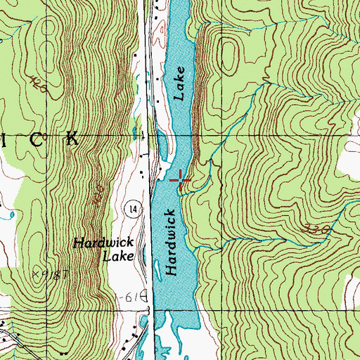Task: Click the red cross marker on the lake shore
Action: click(x=182, y=181)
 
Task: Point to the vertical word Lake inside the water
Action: click(x=181, y=84)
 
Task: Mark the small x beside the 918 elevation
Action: click(x=34, y=271)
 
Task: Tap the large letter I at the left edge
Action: click(x=4, y=139)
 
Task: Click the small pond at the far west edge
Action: click(x=3, y=215)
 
